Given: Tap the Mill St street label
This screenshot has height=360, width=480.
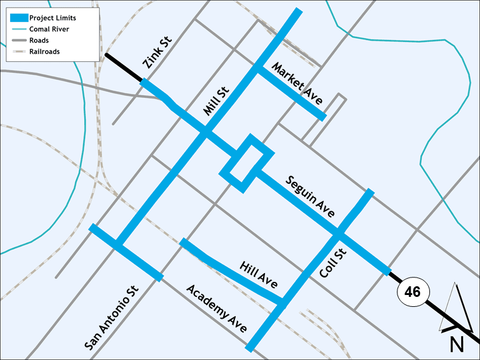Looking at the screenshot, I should coord(217,101).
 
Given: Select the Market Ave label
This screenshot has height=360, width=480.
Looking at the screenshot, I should coord(297,84).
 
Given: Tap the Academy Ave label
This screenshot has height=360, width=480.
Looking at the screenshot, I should coord(217,309).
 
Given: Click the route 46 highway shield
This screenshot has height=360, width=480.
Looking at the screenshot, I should coord(412,292).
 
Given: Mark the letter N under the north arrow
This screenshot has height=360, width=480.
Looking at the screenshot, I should coord(457,343).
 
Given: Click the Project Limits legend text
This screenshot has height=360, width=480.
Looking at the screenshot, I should coord(52,18).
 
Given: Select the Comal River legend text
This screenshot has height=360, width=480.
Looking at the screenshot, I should coord(49,29).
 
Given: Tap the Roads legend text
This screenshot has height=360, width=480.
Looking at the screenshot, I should coord(39,41).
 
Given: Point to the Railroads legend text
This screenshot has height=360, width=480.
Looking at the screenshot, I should coord(44,52).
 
